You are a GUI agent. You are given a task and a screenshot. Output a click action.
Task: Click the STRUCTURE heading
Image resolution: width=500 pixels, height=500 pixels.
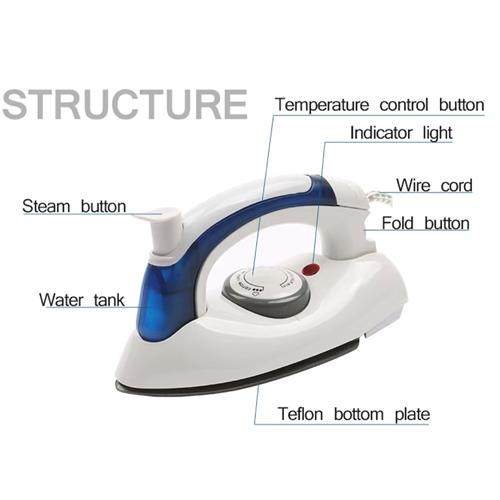click(125, 104)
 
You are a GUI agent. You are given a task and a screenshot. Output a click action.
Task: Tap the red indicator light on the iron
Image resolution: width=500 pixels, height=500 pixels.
click(311, 268)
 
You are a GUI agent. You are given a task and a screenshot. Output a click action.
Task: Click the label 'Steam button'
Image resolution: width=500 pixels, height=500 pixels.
click(74, 206)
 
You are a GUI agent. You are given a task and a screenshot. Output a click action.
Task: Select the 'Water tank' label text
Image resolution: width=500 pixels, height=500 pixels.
click(82, 300)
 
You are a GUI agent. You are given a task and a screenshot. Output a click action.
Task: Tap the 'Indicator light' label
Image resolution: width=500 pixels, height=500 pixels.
click(401, 133)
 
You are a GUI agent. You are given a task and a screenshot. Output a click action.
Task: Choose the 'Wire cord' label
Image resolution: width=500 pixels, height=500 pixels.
click(434, 185)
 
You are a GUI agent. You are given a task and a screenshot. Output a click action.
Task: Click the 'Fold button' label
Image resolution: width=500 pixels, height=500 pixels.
click(425, 223)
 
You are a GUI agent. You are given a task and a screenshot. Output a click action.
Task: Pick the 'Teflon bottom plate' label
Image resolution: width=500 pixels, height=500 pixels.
click(354, 414)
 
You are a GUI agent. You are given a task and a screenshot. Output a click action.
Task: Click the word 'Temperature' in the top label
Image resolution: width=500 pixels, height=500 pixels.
click(322, 105)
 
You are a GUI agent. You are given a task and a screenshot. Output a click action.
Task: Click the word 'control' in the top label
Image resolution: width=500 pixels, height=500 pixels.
click(404, 105)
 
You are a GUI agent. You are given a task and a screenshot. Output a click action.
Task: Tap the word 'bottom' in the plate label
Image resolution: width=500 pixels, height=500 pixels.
click(359, 414)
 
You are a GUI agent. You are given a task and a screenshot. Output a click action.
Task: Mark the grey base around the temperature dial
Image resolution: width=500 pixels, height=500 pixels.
click(267, 303)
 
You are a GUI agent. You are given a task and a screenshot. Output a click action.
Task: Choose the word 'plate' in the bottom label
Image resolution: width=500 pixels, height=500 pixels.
click(412, 415)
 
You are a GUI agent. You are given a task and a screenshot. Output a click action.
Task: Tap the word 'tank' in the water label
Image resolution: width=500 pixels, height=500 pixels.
click(109, 300)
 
